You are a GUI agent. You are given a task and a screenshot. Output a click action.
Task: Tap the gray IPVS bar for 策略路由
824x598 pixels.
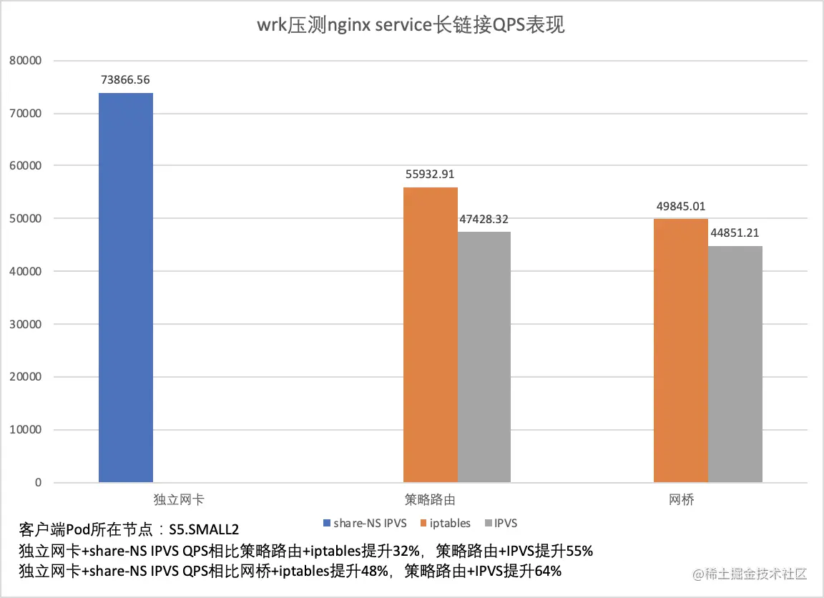[484, 357]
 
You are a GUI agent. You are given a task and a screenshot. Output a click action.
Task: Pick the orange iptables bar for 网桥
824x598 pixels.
[681, 351]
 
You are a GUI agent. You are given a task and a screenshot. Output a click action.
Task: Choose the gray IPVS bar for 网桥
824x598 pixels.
[735, 364]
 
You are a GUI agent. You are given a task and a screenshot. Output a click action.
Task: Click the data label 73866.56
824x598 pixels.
[126, 79]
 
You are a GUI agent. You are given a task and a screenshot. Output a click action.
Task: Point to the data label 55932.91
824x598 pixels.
[430, 174]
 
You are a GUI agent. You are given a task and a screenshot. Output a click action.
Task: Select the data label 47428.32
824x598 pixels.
[484, 219]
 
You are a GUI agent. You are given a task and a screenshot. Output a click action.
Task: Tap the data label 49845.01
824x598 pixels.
[681, 206]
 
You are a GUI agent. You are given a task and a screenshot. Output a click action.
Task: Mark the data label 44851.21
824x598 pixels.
[735, 232]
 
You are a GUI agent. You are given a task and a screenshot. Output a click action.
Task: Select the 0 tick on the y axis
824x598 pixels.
[38, 483]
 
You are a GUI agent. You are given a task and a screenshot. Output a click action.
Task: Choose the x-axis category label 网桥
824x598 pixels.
[681, 499]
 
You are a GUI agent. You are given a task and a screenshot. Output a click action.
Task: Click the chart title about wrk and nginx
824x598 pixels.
[411, 26]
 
